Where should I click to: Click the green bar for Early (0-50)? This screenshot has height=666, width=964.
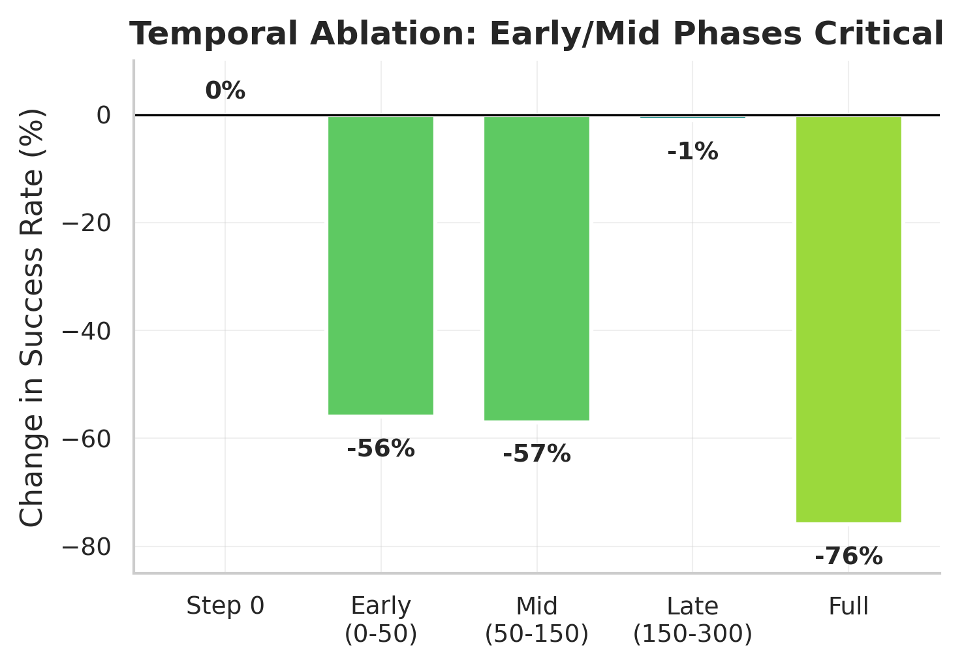point(381,265)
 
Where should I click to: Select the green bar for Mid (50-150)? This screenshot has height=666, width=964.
point(536,268)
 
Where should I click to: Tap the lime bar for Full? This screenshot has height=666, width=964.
point(848,319)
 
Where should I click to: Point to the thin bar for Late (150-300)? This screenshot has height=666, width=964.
point(692,117)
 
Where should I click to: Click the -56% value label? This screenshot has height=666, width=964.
point(381,449)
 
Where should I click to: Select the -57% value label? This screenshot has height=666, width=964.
point(536,454)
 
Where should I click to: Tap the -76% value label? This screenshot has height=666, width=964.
point(848,557)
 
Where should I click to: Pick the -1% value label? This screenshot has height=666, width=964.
point(692,152)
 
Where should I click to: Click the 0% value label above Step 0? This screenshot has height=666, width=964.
point(225,91)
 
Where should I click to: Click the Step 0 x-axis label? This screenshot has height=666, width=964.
point(225,607)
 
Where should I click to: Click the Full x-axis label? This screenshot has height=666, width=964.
point(848,607)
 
